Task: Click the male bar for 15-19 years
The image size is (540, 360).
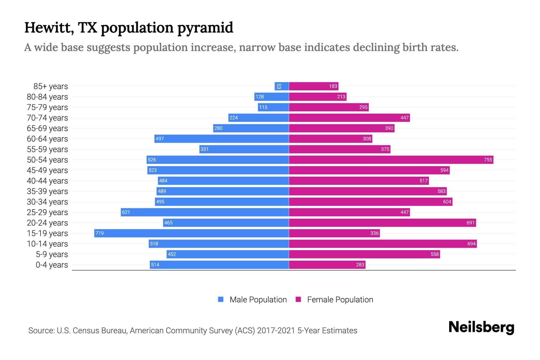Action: [x=191, y=233]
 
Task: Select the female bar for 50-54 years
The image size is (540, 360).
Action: [x=391, y=160]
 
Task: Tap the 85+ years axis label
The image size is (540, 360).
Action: [x=50, y=86]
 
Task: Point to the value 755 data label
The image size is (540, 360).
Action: [x=488, y=160]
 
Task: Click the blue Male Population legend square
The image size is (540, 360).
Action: [x=221, y=299]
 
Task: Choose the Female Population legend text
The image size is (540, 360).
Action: [x=340, y=299]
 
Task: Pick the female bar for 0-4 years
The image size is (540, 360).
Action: [x=327, y=265]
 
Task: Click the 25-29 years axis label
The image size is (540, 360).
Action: [x=47, y=212]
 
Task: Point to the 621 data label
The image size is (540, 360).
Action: [x=126, y=212]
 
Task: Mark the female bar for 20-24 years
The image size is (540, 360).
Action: [x=382, y=223]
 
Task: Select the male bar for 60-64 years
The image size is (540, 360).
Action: [x=221, y=139]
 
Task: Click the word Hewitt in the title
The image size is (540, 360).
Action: [x=49, y=28]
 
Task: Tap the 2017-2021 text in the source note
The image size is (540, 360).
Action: [x=276, y=331]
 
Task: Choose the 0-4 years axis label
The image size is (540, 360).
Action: [x=52, y=265]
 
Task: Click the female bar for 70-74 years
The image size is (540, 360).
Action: [x=349, y=118]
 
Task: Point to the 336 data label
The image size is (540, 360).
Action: [x=374, y=233]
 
